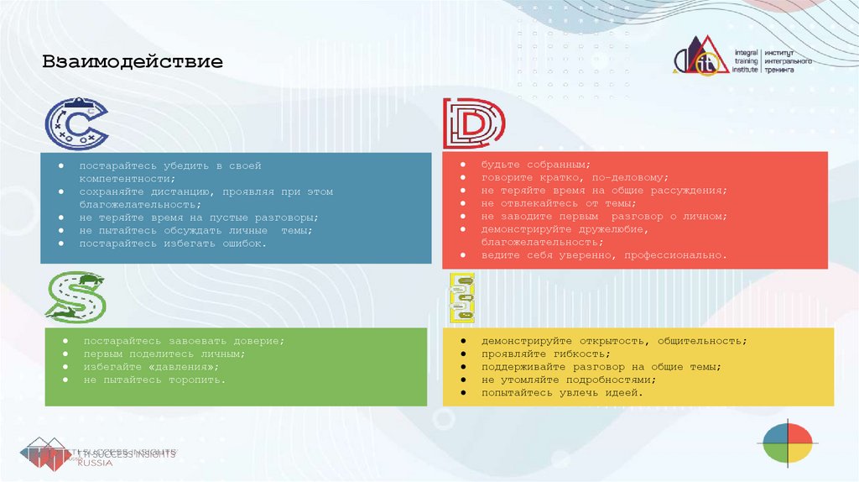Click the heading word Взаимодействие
tap(133, 63)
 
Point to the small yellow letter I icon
tap(461, 298)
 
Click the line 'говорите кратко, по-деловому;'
tap(574, 178)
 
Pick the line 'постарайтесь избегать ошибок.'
tap(173, 243)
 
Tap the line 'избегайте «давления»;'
tap(151, 367)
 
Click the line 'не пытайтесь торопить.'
tap(154, 380)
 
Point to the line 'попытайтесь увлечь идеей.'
tap(562, 392)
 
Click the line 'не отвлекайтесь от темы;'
tap(559, 203)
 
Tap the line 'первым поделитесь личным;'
tap(164, 354)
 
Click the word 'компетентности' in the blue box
tap(126, 179)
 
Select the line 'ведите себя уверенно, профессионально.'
tap(604, 254)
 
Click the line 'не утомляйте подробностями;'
tap(568, 380)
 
